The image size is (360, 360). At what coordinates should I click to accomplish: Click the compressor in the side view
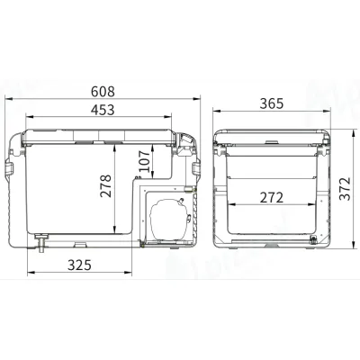pyautogui.click(x=168, y=215)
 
